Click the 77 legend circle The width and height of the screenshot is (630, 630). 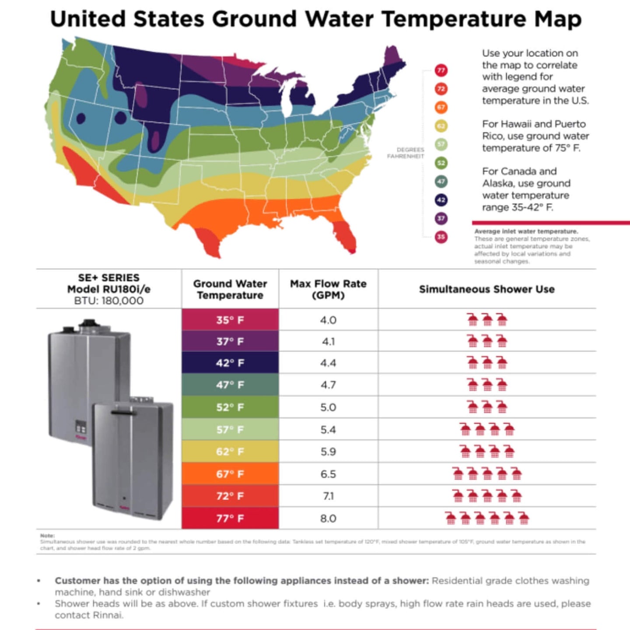point(441,70)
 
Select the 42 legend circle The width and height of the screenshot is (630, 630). point(441,200)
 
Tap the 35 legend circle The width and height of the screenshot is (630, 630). point(441,237)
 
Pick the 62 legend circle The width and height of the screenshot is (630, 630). point(441,126)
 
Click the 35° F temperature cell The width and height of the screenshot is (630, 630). point(230,320)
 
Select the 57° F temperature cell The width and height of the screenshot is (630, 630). point(230,430)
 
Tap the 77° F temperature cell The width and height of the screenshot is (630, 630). point(230,518)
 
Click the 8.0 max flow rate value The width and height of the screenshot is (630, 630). point(328,518)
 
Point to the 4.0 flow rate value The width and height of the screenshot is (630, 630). point(328,320)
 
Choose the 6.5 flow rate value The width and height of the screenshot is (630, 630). point(328,474)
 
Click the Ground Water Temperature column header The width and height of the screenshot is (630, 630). point(230,289)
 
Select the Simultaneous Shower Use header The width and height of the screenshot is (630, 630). point(486,289)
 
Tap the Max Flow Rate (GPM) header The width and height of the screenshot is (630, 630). point(328,289)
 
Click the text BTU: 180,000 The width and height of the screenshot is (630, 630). point(108,301)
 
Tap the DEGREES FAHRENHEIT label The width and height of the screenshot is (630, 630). point(406,153)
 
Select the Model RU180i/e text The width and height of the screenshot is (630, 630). point(108,289)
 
